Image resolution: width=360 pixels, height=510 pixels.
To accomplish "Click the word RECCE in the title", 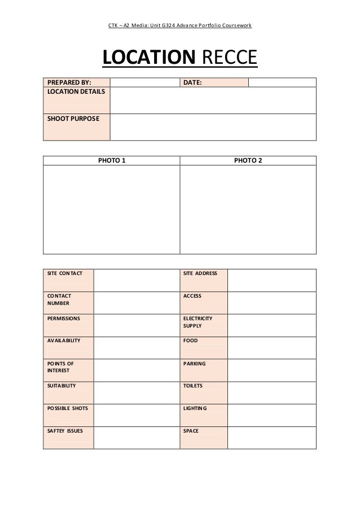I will [229, 58].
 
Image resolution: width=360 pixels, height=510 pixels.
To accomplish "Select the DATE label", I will [193, 82].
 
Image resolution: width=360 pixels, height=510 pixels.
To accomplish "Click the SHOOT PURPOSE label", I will [72, 118].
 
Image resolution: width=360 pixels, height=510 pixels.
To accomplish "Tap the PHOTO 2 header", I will [248, 160].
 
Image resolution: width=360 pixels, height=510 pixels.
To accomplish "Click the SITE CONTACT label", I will [64, 273].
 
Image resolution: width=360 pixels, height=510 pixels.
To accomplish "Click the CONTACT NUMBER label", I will [59, 299].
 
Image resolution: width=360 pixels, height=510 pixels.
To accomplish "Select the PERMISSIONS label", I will [64, 318].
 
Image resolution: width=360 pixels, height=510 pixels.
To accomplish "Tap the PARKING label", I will [195, 363].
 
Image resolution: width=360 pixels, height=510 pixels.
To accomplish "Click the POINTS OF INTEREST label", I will [60, 367].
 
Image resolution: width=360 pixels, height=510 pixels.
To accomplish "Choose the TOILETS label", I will [193, 386].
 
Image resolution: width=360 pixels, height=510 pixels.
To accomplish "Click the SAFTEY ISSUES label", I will [65, 431].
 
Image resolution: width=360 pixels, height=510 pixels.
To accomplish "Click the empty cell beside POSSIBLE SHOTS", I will [135, 415].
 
